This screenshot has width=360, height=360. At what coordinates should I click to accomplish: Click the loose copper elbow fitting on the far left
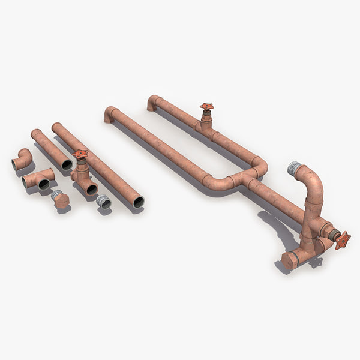click(23, 159)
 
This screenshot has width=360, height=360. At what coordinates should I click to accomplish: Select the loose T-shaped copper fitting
click(38, 179)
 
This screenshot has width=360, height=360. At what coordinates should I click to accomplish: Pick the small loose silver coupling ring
click(104, 202)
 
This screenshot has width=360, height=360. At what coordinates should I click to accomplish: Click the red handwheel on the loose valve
click(80, 154)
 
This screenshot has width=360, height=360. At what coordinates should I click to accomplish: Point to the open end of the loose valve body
click(91, 190)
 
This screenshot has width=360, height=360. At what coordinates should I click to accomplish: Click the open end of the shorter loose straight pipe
click(67, 164)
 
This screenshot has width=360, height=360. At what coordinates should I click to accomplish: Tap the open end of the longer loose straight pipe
click(138, 202)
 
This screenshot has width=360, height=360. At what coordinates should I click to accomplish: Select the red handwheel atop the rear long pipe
click(206, 107)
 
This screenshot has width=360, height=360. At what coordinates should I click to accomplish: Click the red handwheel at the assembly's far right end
click(343, 240)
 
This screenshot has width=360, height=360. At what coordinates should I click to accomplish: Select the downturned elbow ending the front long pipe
click(110, 113)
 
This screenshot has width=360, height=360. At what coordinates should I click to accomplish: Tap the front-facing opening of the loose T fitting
click(44, 185)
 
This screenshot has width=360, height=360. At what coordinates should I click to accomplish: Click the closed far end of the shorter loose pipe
click(35, 133)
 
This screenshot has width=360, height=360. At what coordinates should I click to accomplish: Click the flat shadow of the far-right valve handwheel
click(315, 262)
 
